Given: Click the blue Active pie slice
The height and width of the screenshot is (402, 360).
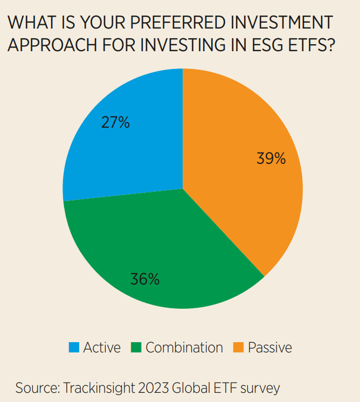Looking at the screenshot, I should pos(129,151).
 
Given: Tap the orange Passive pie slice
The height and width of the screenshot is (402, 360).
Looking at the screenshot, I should pos(243,178).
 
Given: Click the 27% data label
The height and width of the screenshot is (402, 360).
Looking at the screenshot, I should pos(115,122).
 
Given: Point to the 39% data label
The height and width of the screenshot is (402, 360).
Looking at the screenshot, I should pos(271,158).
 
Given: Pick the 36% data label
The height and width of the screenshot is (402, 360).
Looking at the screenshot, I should pos(144,279).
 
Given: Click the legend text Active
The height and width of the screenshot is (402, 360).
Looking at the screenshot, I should pos(102,348).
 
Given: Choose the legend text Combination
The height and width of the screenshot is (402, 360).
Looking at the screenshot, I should pos(184,348).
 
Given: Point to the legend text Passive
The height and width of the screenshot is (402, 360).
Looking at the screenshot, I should pos(269,348).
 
